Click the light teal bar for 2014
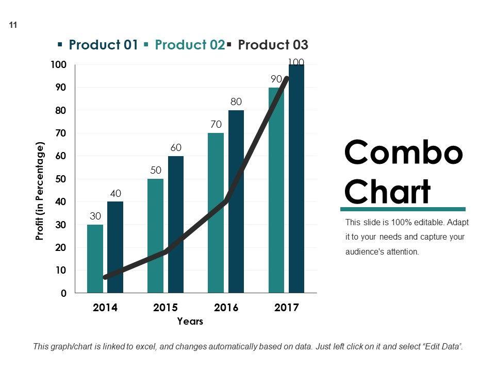point(95,259)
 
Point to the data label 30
point(95,216)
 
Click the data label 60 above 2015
point(176,148)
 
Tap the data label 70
point(216,125)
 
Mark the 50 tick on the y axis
point(61,179)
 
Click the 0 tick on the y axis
point(63,294)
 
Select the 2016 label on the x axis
point(226,308)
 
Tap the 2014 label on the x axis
point(105,308)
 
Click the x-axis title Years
point(190,322)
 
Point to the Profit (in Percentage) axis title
point(40,191)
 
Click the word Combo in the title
point(403,153)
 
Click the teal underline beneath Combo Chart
point(403,209)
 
